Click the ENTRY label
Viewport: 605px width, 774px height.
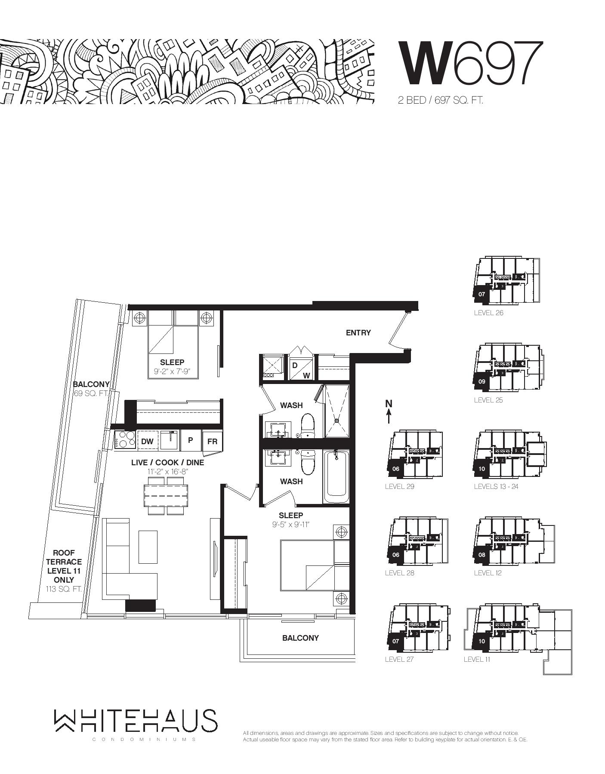point(358,332)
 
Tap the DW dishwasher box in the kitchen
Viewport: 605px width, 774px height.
point(148,441)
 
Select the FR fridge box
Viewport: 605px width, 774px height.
point(212,441)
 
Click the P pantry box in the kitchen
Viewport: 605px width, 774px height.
point(190,440)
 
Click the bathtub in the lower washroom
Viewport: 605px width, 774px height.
point(336,476)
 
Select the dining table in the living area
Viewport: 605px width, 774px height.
point(166,496)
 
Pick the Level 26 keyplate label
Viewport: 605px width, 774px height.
point(488,313)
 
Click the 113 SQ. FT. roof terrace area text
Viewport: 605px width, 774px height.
point(64,589)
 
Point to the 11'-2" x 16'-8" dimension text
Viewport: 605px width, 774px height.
point(168,472)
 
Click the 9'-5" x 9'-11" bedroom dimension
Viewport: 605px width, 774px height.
point(291,525)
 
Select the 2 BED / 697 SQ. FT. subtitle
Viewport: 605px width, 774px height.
point(440,101)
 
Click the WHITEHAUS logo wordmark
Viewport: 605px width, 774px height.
point(136,721)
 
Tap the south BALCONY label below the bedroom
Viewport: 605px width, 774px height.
point(300,638)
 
